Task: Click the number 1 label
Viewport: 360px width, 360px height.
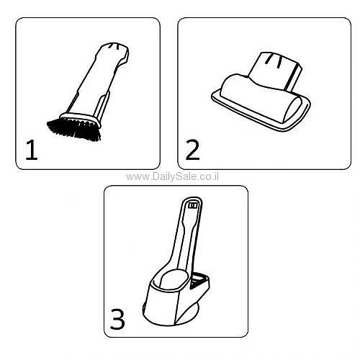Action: click(x=32, y=150)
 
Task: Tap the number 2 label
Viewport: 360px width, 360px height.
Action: click(x=192, y=150)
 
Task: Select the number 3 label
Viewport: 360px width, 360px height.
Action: click(x=117, y=319)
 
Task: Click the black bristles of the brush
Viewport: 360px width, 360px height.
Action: click(x=74, y=130)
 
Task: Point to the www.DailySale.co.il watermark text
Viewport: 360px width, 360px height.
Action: click(x=172, y=177)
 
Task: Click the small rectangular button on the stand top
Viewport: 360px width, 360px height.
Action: click(x=193, y=206)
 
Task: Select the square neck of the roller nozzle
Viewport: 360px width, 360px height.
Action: click(x=275, y=70)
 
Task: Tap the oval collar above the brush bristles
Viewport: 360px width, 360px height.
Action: click(x=81, y=119)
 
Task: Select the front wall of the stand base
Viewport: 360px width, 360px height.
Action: click(x=161, y=305)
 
